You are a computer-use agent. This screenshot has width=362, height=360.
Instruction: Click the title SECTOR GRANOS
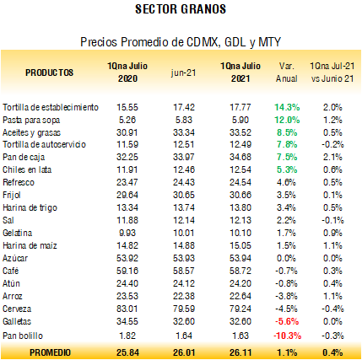tap(181, 9)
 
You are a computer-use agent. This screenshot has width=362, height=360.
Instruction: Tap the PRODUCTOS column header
tap(50, 73)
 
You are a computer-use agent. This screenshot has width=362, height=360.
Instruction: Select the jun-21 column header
tap(183, 73)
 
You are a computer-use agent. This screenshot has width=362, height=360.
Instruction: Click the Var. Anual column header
tap(287, 73)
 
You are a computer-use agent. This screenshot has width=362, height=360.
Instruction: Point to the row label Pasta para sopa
tap(31, 120)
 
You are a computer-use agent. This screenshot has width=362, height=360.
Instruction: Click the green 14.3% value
tap(287, 107)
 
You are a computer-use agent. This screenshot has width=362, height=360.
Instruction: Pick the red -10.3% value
tap(287, 336)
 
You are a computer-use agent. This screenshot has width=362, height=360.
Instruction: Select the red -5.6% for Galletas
tap(287, 321)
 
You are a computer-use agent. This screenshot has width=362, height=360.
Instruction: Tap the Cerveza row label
tap(17, 309)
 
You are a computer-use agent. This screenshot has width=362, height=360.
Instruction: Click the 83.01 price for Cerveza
tap(127, 309)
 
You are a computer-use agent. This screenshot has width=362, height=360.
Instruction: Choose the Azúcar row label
tap(15, 258)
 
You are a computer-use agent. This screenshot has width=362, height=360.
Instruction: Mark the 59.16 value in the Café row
tap(127, 271)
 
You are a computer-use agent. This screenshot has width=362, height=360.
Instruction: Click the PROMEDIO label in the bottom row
tap(50, 352)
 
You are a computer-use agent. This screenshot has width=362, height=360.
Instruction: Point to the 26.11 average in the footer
tap(240, 352)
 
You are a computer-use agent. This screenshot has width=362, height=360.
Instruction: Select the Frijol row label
tap(12, 195)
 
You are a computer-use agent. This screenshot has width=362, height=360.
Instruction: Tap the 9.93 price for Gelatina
tap(127, 233)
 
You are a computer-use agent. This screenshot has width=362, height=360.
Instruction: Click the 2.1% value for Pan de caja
tap(332, 157)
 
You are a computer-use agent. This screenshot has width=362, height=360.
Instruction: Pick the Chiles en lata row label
tap(27, 169)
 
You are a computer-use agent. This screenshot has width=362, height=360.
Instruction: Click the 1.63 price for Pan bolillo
tap(240, 336)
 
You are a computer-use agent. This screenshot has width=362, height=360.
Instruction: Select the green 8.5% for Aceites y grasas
tap(287, 132)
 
